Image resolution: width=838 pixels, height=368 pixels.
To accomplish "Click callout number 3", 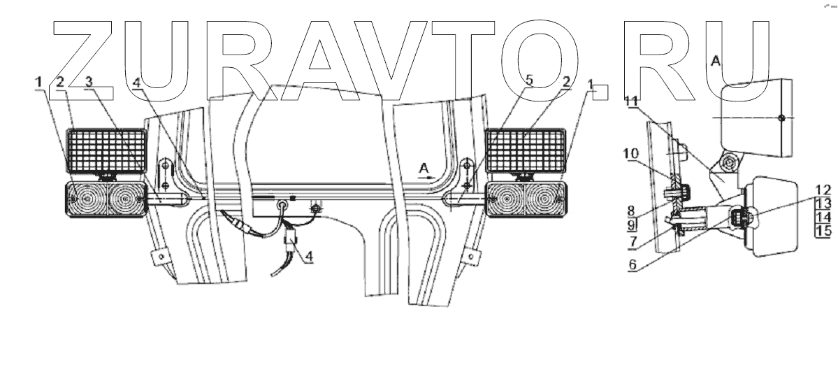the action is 89,82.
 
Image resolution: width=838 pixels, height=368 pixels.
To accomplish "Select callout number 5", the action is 529,82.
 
